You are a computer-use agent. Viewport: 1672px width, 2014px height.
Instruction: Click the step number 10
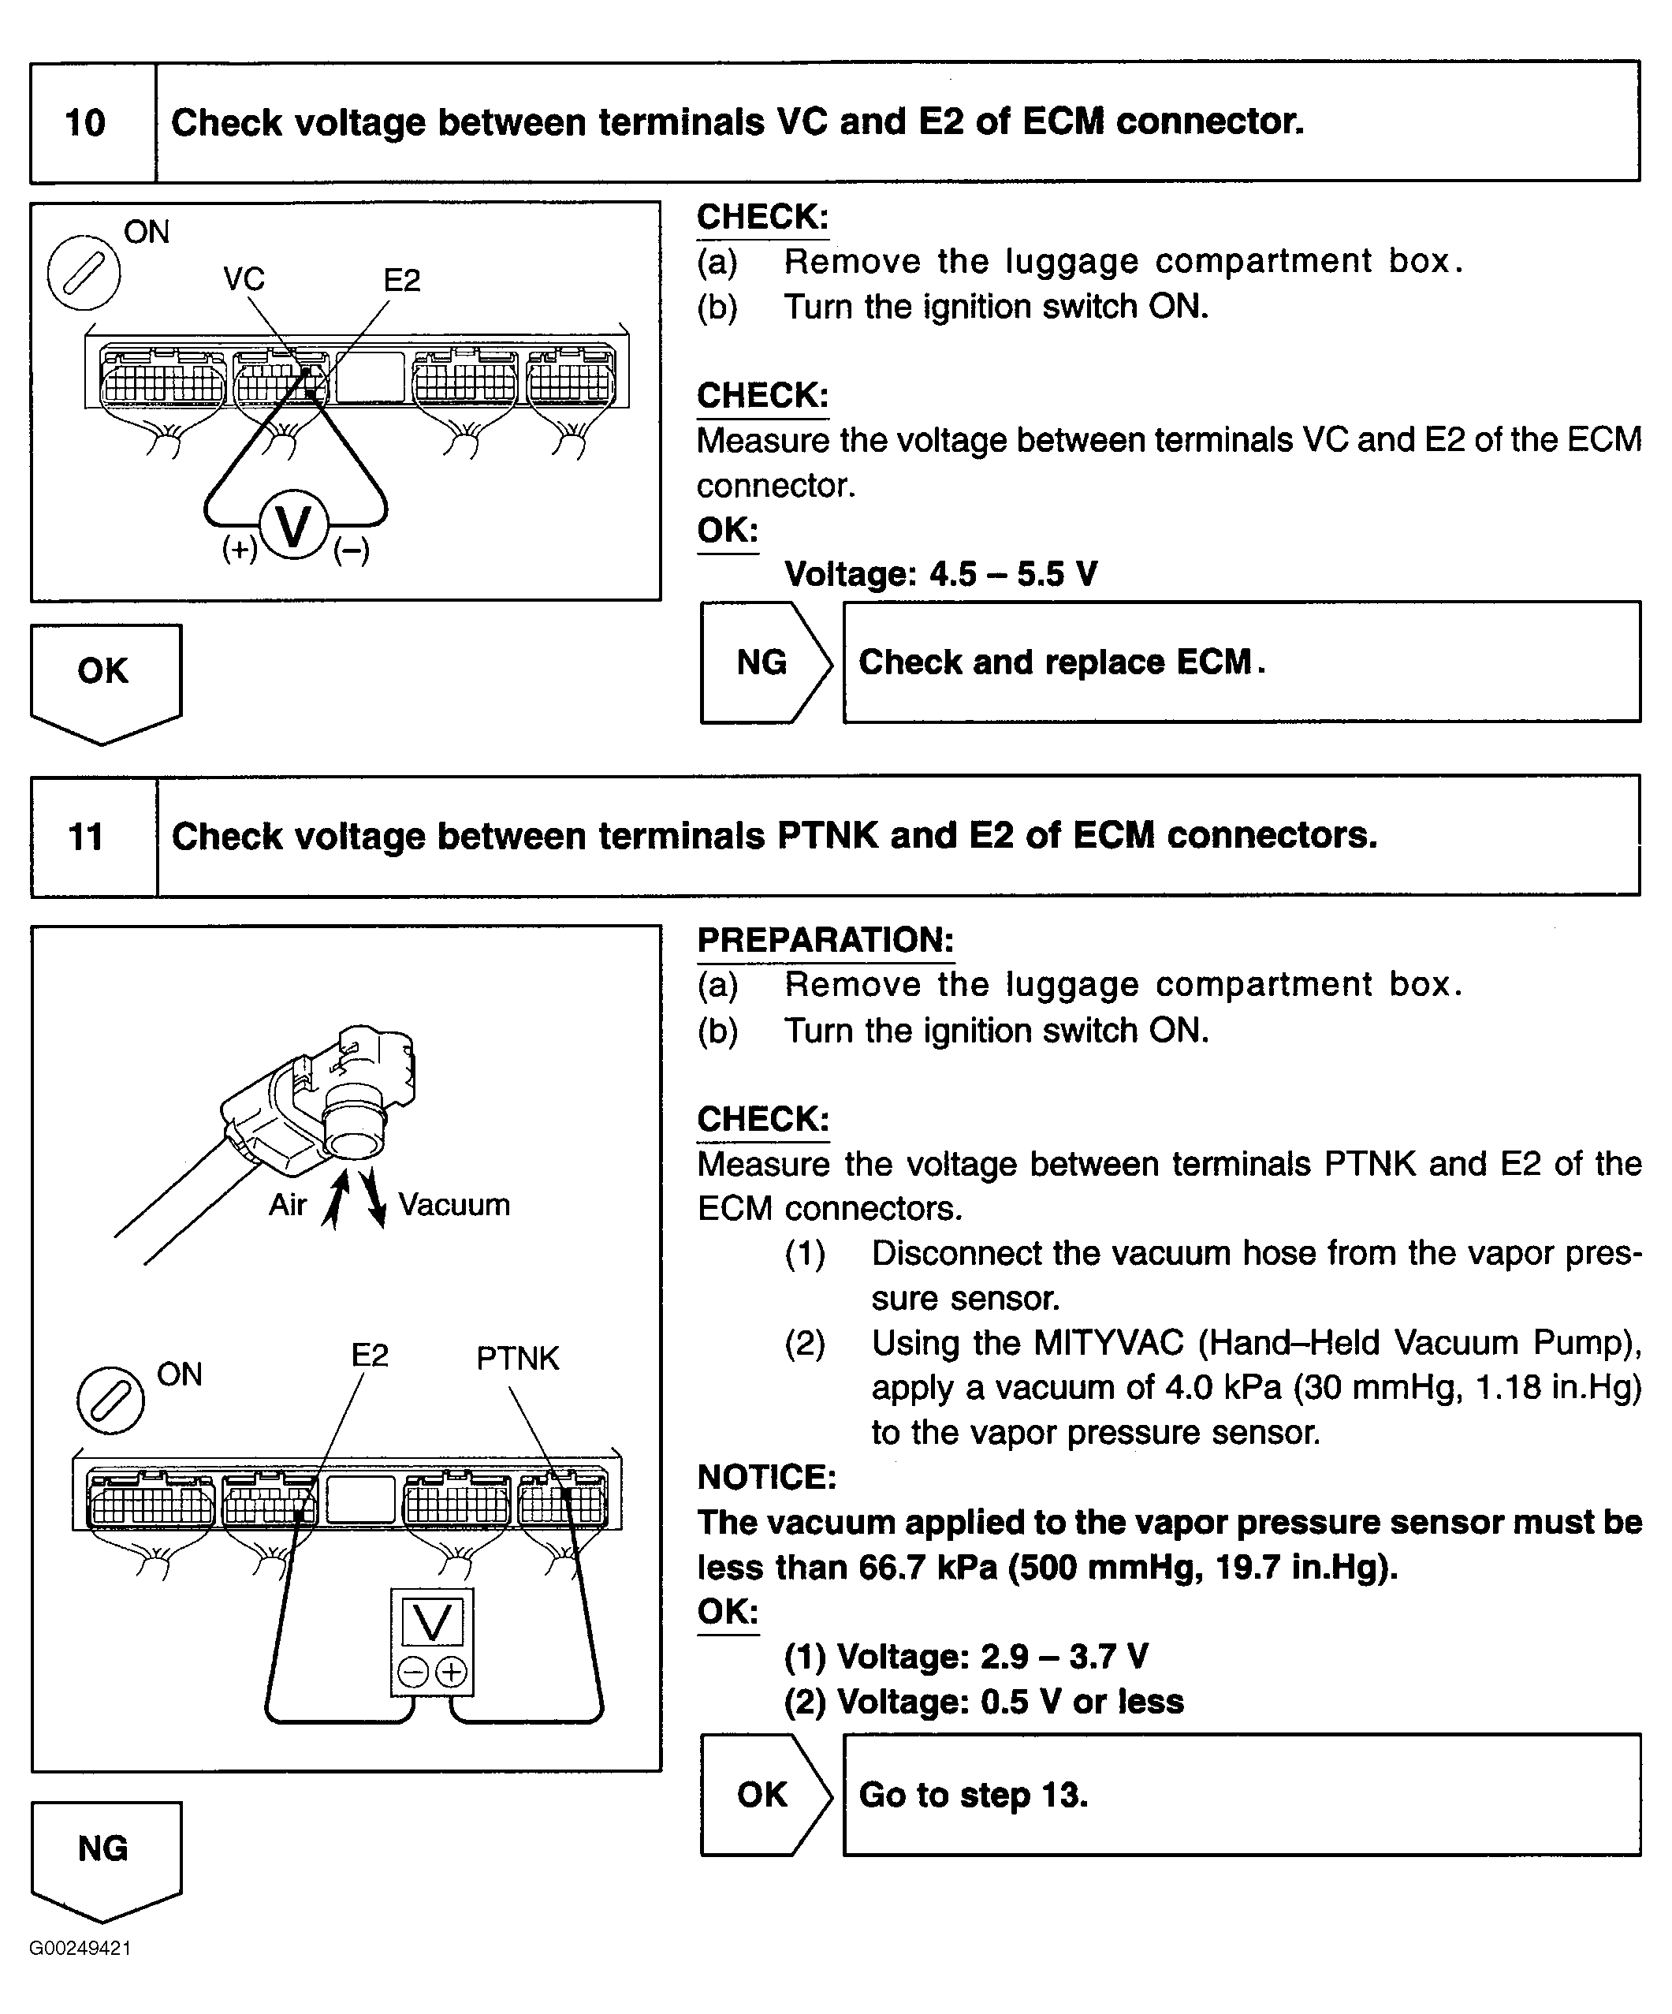click(85, 123)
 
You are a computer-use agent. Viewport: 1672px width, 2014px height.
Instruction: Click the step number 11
click(85, 837)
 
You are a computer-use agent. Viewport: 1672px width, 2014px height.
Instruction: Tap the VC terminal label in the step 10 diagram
click(244, 279)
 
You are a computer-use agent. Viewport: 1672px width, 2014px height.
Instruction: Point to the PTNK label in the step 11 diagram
click(517, 1358)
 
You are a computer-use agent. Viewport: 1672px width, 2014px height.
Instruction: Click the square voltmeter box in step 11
click(431, 1642)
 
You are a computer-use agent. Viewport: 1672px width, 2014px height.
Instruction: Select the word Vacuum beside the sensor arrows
click(453, 1205)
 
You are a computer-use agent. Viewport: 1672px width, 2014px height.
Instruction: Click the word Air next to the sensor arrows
click(288, 1205)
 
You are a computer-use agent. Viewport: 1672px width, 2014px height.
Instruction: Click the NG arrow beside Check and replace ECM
click(763, 662)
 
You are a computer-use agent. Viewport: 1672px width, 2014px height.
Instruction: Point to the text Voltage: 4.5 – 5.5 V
click(940, 573)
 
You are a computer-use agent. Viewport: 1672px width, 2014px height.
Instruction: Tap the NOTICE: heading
click(766, 1477)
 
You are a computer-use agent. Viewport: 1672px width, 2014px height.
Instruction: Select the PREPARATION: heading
click(825, 940)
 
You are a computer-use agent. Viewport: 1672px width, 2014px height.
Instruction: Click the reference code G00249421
click(80, 1949)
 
